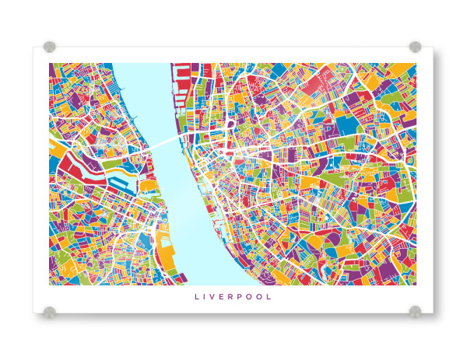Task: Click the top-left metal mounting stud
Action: tap(50, 47)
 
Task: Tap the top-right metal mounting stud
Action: tap(415, 47)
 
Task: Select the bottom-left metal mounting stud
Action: tap(50, 312)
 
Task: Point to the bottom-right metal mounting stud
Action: tap(415, 312)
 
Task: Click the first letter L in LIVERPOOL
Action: tap(196, 296)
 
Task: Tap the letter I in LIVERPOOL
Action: tap(206, 296)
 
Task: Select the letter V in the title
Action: tap(216, 296)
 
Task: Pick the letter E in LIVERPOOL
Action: tap(226, 296)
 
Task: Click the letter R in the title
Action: tap(236, 296)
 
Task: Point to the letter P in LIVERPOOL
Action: tap(246, 296)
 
